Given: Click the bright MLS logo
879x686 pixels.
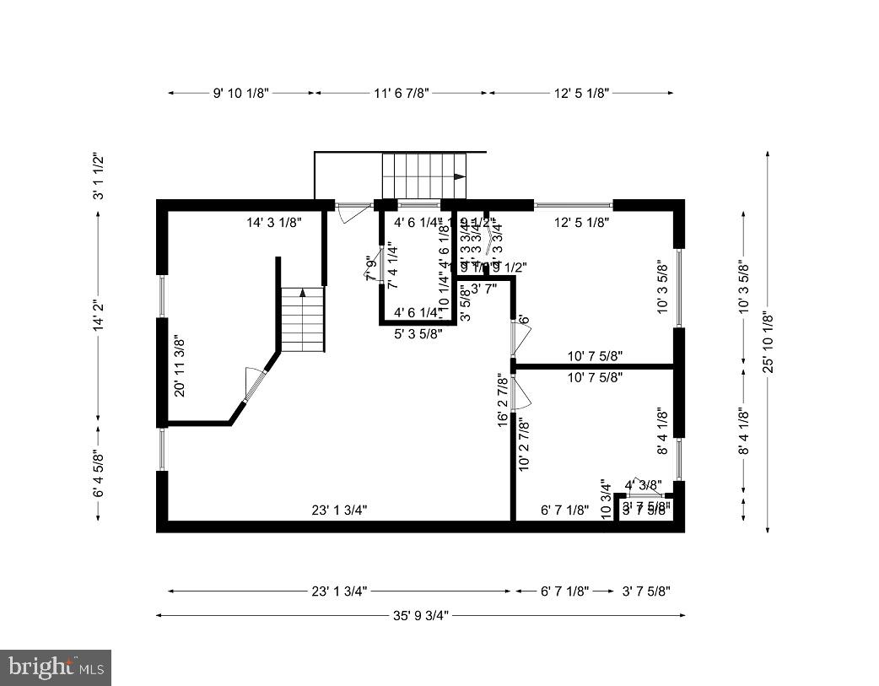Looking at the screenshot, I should [56, 667].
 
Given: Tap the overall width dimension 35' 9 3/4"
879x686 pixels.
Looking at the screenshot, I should [420, 615].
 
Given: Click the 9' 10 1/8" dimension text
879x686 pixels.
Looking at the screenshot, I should [240, 93].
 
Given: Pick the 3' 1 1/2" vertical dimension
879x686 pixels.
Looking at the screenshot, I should [98, 176].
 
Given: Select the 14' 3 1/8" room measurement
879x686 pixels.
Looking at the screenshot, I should [274, 223].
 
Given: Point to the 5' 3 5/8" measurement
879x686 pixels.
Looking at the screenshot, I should [419, 333].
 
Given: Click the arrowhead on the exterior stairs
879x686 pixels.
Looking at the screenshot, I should [459, 177].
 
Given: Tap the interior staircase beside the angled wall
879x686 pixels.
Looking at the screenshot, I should [302, 319].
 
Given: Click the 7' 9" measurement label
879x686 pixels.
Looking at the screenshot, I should [369, 269].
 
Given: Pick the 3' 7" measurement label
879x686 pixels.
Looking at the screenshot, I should [484, 289].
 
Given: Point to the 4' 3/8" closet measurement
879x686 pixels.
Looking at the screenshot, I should [643, 485].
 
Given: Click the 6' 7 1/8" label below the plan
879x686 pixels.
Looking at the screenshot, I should [564, 591].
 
